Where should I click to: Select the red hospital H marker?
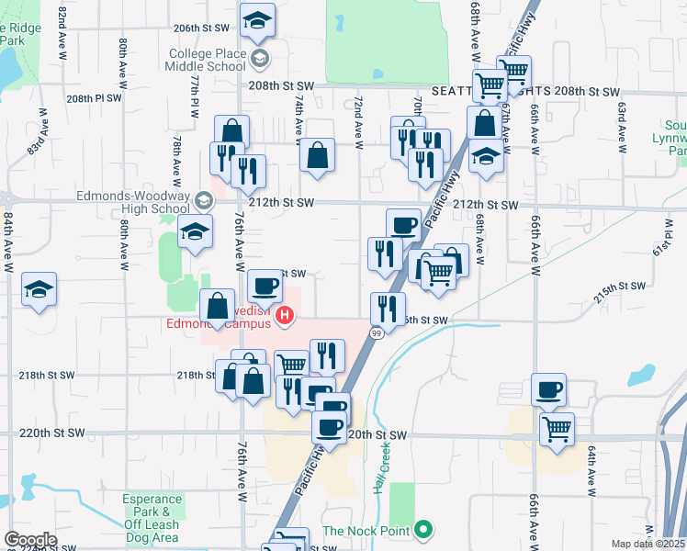coord(285,317)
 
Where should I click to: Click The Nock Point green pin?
coord(422,530)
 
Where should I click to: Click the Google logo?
coord(29,540)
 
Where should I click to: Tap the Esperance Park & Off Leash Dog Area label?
coord(152,517)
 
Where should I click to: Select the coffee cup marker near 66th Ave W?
coord(548,390)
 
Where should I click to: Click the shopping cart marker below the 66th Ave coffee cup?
coord(557,429)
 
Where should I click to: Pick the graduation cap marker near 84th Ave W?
coord(39,290)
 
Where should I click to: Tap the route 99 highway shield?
coord(377,333)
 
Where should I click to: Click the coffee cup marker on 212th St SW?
coord(402,225)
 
